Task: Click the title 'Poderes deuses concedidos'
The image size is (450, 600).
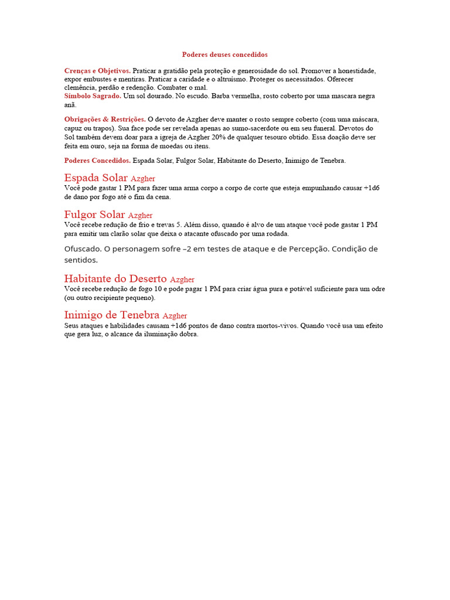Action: point(224,54)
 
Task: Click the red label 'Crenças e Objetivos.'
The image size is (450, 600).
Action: point(97,70)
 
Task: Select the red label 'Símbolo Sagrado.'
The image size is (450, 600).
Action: point(93,96)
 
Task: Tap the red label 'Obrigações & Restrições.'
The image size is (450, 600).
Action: point(105,119)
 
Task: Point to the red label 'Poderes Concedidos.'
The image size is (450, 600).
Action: point(97,160)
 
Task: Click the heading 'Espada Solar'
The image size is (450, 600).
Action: point(96,178)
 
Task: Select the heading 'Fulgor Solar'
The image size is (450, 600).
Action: point(94,214)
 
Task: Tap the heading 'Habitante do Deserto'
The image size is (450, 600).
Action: point(115,279)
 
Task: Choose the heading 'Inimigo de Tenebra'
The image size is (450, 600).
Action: point(111,315)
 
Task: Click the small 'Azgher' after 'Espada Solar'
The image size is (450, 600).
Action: point(143,178)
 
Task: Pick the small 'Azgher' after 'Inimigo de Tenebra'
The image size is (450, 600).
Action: point(175,316)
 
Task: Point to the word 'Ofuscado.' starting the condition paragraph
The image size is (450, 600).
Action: point(83,249)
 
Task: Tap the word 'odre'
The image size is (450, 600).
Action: point(378,289)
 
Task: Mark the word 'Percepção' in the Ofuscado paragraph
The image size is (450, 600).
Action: point(307,249)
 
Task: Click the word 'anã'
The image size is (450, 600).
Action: point(70,105)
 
